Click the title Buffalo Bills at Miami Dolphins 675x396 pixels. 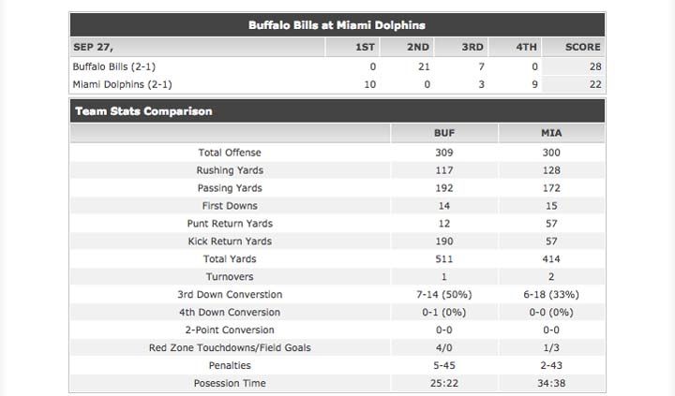pos(336,25)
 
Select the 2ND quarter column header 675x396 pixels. pos(418,47)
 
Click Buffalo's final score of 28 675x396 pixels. pos(594,66)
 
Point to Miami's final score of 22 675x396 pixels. pos(594,84)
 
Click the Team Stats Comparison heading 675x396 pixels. pos(143,111)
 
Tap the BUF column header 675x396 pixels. pos(443,134)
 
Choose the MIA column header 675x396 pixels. pos(551,134)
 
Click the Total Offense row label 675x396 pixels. pos(230,153)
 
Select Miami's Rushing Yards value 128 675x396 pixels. pos(551,170)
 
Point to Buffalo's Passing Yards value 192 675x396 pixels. pos(443,188)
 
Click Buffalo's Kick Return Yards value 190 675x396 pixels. pos(443,242)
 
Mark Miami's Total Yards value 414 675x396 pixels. pos(551,259)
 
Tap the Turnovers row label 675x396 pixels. pos(230,277)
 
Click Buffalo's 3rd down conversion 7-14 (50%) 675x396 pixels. pos(443,295)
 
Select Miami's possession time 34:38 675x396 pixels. pos(551,384)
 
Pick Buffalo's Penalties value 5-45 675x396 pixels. pos(443,366)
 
